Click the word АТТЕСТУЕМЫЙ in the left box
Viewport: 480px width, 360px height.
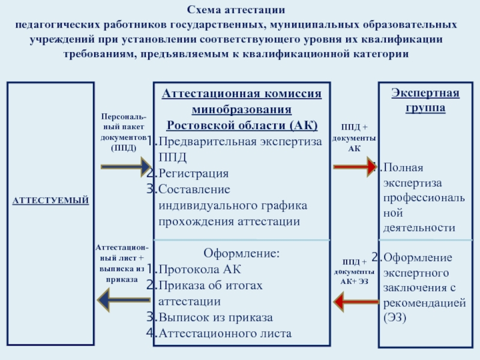50,200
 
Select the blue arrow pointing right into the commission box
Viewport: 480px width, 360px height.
126,167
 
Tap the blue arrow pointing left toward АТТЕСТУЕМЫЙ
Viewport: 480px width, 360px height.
124,300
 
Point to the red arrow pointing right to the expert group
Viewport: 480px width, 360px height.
355,167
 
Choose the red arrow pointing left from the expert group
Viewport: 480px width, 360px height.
356,302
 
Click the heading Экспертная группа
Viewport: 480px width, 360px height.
425,100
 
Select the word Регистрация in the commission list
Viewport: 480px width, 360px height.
193,173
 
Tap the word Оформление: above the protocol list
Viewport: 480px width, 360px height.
242,253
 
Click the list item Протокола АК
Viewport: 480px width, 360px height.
200,269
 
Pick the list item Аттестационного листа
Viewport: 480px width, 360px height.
225,333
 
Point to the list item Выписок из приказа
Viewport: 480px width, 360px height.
215,317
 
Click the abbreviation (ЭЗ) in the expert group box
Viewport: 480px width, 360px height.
395,317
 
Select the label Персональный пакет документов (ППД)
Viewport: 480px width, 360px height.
124,132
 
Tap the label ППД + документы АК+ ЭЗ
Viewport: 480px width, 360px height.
354,272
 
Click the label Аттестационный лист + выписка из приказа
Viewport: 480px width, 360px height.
122,263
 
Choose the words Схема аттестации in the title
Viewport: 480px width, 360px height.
236,10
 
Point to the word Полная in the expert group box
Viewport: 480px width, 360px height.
403,167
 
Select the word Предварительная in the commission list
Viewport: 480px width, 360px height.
208,142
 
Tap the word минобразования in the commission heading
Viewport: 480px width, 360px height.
242,109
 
